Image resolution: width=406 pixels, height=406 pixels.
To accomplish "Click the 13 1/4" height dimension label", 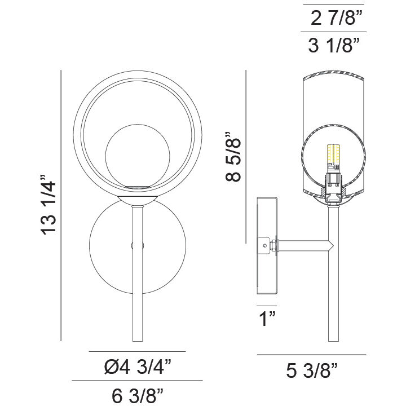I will click(49, 207).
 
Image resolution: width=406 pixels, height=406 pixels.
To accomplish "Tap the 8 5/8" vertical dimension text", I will click(232, 157).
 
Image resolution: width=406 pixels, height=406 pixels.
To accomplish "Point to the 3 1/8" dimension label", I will click(334, 46).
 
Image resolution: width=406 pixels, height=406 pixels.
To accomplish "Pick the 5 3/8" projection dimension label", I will click(312, 370).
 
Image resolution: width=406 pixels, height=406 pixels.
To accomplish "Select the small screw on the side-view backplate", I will click(263, 245).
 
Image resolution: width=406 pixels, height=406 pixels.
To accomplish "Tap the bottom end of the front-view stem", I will click(137, 339).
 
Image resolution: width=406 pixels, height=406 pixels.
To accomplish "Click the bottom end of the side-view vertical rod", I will click(332, 339).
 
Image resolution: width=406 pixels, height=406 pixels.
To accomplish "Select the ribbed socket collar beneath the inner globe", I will click(137, 187).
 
